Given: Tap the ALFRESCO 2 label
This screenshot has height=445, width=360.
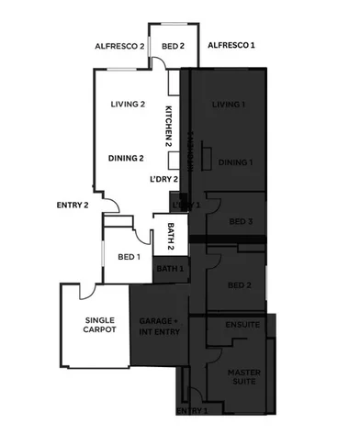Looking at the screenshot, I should (x=120, y=45).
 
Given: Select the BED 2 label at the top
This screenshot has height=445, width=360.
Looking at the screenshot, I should (x=174, y=45).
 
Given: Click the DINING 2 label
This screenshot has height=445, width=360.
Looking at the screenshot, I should (x=126, y=158).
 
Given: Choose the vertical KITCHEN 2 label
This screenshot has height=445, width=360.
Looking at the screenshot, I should (x=168, y=127).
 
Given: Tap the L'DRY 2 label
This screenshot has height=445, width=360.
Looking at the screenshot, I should (x=163, y=179).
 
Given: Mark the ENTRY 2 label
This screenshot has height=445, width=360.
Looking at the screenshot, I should (x=72, y=205).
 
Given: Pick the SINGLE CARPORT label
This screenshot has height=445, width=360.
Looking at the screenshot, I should (x=98, y=325).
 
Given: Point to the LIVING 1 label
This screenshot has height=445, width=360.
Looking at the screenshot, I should (x=229, y=106).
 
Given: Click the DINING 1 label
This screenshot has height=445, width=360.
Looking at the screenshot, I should (x=235, y=162).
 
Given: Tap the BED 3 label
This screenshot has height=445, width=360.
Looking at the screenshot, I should (x=241, y=222).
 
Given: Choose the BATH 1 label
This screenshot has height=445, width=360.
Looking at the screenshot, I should (x=170, y=269).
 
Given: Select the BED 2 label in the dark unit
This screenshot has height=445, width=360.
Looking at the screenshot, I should (x=241, y=284).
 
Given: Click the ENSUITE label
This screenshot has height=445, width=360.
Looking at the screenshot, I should (x=242, y=325).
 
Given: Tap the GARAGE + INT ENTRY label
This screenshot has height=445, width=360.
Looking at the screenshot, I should (x=157, y=328).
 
